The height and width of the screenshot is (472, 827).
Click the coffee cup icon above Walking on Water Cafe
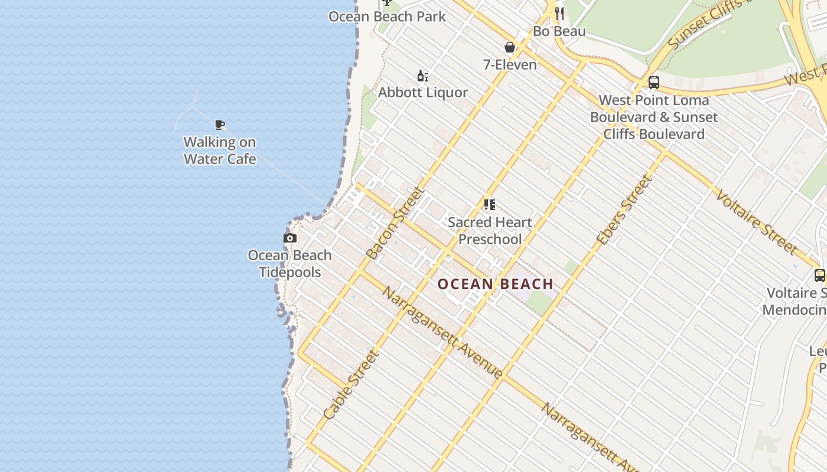(220, 124)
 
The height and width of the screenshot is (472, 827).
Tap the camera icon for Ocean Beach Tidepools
(290, 238)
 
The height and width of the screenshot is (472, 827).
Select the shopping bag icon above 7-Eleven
(510, 47)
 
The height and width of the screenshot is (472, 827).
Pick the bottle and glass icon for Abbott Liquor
(423, 76)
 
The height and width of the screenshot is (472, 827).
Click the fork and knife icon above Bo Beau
(559, 14)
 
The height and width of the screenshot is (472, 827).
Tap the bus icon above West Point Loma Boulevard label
(654, 83)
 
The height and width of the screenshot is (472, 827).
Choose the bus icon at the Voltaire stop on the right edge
(820, 275)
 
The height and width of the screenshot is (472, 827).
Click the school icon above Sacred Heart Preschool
(490, 205)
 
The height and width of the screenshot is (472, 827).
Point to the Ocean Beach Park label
(388, 17)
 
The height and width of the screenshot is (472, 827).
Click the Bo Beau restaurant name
(559, 31)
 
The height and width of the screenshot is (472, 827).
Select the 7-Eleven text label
(510, 64)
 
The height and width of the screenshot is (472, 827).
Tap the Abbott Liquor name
(423, 93)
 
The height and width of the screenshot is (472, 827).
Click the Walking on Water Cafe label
(220, 150)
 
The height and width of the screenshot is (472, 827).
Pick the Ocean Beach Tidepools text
(290, 264)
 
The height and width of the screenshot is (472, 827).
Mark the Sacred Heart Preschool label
(490, 231)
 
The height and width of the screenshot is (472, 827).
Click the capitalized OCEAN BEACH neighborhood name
(496, 284)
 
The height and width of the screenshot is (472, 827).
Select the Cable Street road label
(351, 385)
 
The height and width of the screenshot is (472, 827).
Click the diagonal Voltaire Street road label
(757, 222)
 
